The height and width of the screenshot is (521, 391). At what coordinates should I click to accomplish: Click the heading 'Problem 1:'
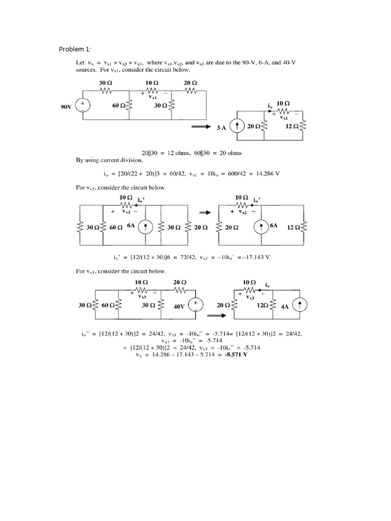point(75,49)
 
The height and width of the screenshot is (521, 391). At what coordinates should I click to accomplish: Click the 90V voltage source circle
point(82,105)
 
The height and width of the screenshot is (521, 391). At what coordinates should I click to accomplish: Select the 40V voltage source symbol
point(195,304)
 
